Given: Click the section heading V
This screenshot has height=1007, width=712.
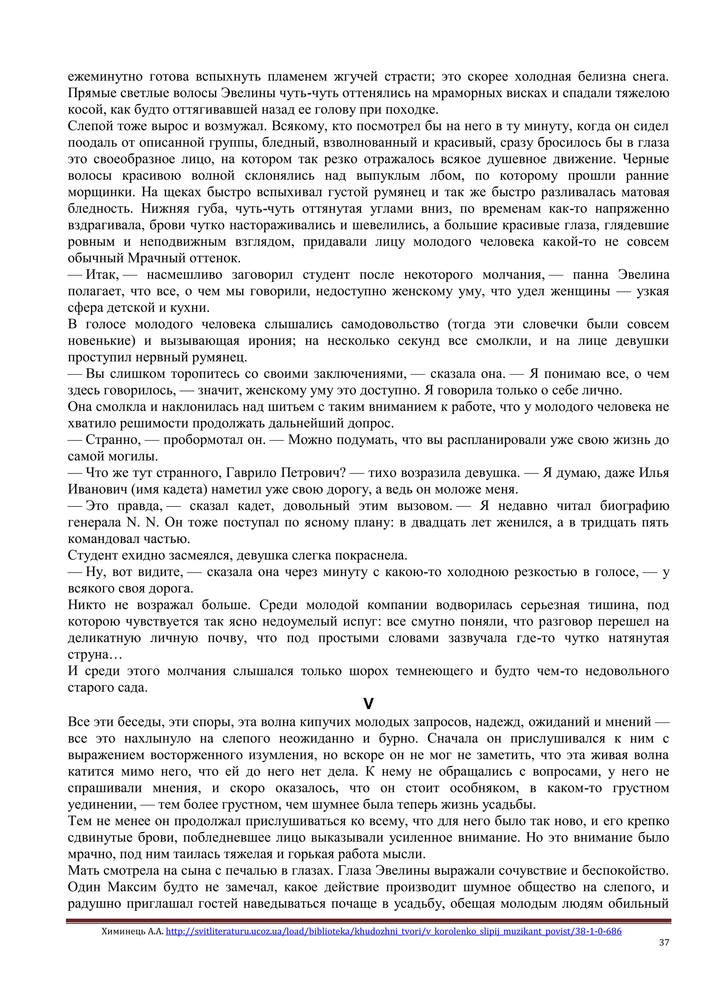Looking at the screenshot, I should [x=368, y=703].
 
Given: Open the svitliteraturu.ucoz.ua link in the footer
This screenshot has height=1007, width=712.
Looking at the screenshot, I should [x=393, y=931].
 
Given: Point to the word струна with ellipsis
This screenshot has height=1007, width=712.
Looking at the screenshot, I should [x=95, y=654].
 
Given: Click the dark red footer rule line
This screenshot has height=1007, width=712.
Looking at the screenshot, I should [x=368, y=921].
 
